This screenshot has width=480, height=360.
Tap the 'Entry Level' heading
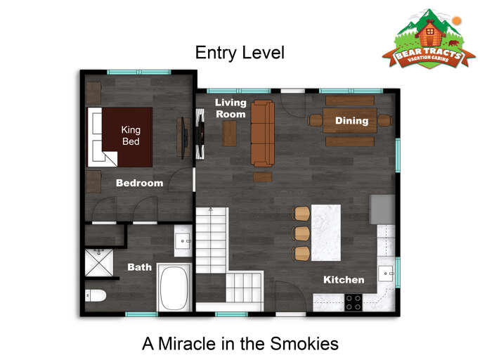click(239, 53)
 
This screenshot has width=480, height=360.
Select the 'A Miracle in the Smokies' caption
click(240, 344)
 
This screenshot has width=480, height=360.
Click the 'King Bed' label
click(131, 136)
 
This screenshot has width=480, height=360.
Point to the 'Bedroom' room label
click(139, 183)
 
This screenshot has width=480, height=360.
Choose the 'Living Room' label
click(231, 108)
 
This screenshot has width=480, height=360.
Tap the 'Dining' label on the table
click(351, 121)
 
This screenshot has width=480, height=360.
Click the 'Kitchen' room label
click(343, 280)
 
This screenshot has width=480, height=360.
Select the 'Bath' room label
click(139, 267)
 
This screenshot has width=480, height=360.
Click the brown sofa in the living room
click(263, 132)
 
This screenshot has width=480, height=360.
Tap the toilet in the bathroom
click(95, 295)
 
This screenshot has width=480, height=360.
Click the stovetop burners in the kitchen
click(353, 302)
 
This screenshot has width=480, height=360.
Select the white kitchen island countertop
click(325, 233)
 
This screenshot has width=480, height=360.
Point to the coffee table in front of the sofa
click(229, 134)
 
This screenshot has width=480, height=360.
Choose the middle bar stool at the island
click(301, 233)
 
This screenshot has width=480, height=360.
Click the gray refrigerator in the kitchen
click(383, 209)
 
